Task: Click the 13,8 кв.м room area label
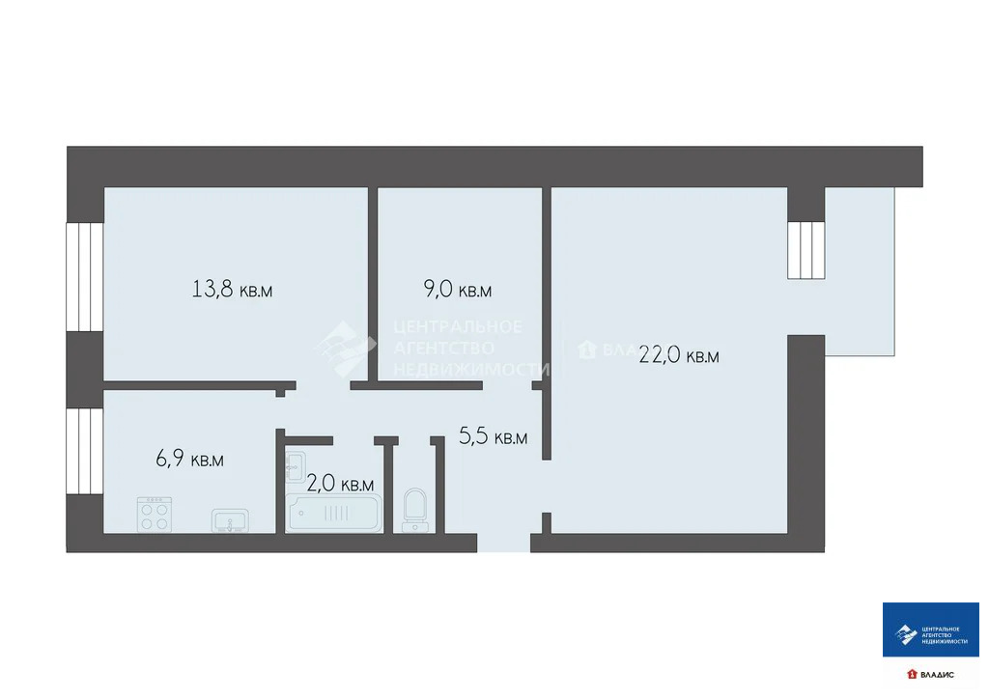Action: coord(232,289)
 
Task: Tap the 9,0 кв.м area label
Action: coord(458,290)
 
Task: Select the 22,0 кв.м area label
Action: coord(679,355)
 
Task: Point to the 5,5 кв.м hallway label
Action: coord(493,437)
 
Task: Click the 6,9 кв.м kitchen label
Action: coord(189,460)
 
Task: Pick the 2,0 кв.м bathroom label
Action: coord(340,484)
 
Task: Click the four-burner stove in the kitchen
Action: coord(155,514)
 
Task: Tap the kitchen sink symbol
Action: coord(230,520)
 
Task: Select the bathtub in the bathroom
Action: coord(334,513)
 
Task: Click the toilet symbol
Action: coord(415,509)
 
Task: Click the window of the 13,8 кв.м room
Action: coord(84,277)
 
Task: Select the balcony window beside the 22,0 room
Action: coord(805,250)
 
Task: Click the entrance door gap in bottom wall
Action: coord(503,543)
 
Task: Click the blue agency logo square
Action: coord(930,630)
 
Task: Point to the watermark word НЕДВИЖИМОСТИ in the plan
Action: coord(471,369)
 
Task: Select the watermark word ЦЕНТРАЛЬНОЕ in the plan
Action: coord(458,326)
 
